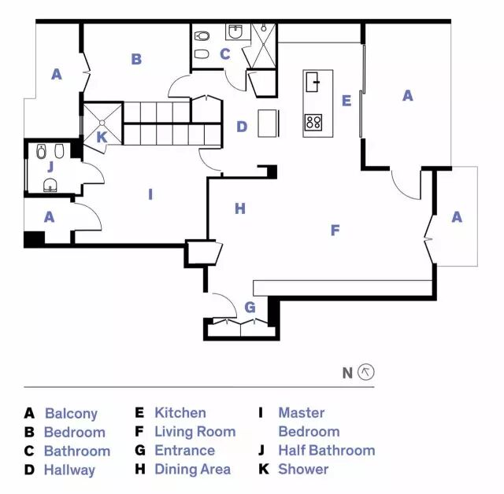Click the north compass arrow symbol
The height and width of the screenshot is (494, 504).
pos(365,372)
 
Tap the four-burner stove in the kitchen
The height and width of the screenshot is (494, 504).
pos(313,122)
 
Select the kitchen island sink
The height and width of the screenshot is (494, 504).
pos(313,79)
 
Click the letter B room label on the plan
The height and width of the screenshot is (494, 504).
pos(136,59)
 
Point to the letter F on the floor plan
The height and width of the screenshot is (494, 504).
pos(335,230)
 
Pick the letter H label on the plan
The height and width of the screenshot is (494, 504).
pos(240,208)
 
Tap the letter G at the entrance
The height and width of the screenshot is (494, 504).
pos(250,307)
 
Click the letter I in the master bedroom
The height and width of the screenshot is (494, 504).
pos(150,193)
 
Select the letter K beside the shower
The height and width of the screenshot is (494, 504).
pos(102,137)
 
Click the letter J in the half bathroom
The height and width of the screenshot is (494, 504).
pos(50,166)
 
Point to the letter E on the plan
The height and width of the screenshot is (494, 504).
pos(346,101)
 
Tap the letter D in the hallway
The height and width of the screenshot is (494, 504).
pos(242,126)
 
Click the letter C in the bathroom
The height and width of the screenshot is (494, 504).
pos(224,54)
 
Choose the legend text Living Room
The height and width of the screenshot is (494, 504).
pos(195,431)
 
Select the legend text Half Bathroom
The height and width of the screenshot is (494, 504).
pos(326,450)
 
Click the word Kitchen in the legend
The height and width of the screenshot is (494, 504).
pos(180,412)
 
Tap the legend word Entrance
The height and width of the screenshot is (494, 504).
pos(184,450)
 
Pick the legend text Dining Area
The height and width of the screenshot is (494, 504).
pos(192,469)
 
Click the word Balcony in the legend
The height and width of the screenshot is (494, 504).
pos(71,413)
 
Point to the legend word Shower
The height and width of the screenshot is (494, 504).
pos(303,469)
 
